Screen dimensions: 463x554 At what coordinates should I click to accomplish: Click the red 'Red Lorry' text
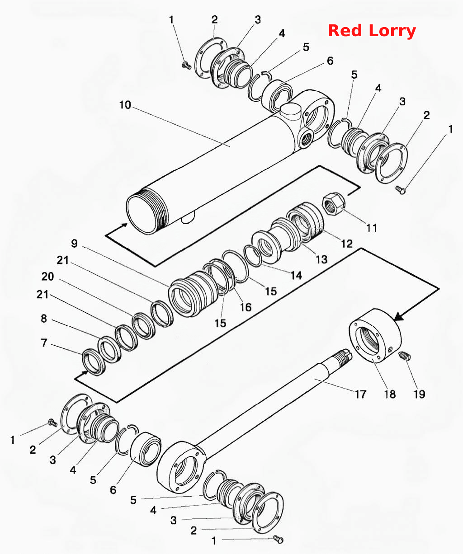click(x=372, y=31)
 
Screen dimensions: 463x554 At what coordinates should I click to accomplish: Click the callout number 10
click(x=125, y=105)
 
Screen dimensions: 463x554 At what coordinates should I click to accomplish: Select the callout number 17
click(x=360, y=394)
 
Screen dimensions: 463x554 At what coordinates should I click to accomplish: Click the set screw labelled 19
click(x=405, y=356)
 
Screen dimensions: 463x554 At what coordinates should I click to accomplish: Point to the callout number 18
click(x=390, y=394)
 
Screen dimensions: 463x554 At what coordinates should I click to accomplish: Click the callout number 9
click(x=74, y=243)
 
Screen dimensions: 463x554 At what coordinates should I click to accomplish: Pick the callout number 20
click(x=48, y=277)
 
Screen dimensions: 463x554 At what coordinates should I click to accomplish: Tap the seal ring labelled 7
click(x=94, y=362)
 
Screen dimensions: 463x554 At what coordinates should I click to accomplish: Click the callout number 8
click(x=44, y=319)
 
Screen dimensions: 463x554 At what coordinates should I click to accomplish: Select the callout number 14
click(x=296, y=275)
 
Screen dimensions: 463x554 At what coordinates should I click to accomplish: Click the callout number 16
click(x=246, y=307)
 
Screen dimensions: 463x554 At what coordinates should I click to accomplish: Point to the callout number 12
click(x=347, y=244)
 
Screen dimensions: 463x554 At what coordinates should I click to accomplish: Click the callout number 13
click(x=321, y=259)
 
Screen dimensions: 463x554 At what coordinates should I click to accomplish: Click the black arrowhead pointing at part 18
click(x=398, y=317)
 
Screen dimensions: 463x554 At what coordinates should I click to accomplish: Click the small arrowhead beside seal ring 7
click(x=85, y=372)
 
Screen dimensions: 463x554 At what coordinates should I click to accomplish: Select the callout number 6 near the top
click(x=330, y=61)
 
